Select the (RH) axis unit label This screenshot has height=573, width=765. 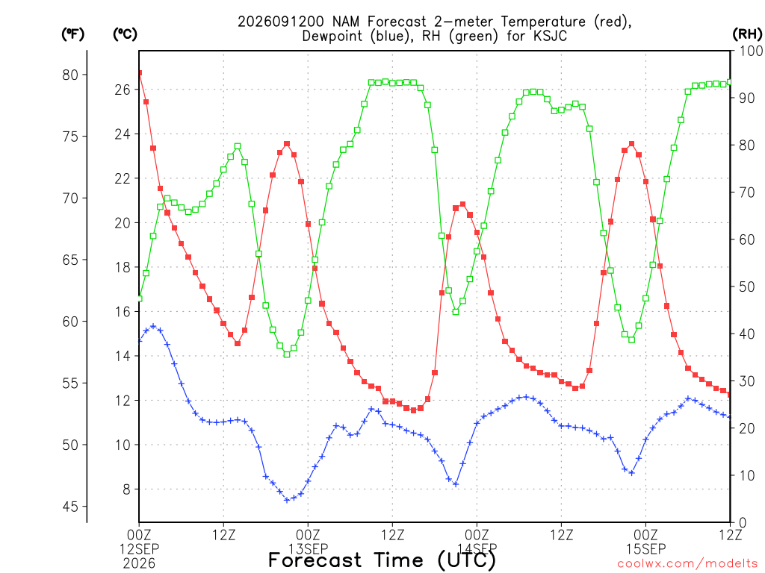(747, 34)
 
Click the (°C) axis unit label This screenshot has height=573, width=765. (125, 34)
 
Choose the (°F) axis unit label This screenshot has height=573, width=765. (72, 34)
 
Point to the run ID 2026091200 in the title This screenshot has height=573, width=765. (281, 22)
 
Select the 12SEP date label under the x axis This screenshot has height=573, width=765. (139, 549)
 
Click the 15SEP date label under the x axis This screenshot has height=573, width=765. (646, 549)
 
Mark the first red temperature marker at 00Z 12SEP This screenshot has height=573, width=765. (140, 73)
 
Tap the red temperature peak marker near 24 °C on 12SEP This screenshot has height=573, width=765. (287, 144)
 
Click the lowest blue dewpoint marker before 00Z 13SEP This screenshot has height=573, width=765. (287, 499)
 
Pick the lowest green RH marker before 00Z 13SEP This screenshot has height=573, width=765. (287, 354)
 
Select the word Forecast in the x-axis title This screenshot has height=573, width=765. (315, 560)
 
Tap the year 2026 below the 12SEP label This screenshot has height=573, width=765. (139, 564)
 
